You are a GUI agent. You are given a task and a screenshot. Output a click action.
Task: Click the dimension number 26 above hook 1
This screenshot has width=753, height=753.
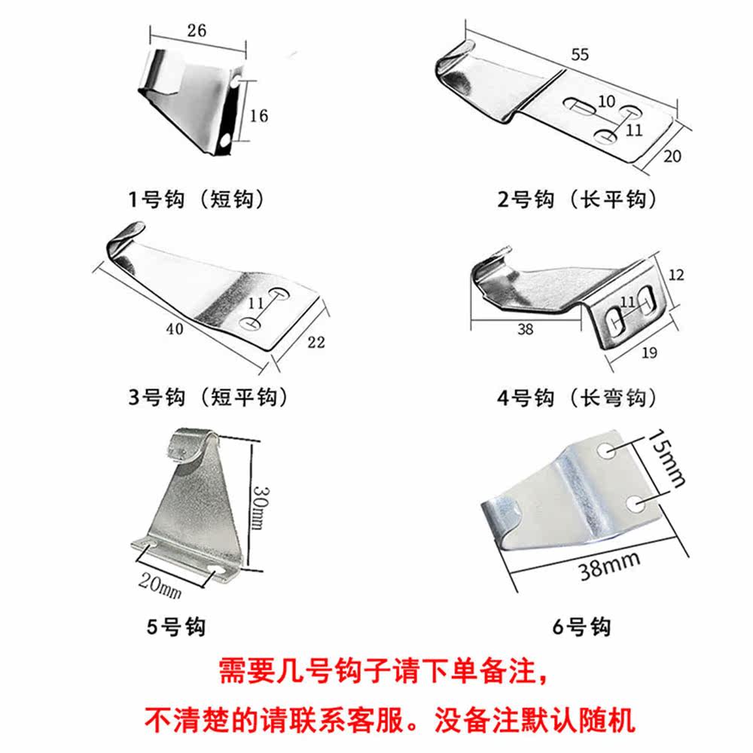(195, 31)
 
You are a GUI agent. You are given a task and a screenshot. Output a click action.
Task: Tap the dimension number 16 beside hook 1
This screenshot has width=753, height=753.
(258, 116)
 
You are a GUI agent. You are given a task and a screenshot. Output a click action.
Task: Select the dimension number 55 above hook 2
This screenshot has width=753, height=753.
(581, 55)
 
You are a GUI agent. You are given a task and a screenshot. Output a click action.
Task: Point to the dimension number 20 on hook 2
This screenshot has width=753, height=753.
(672, 156)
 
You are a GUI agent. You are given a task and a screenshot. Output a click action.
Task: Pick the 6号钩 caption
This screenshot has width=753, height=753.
(581, 625)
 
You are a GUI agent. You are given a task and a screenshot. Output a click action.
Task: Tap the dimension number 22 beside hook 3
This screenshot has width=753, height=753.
(316, 343)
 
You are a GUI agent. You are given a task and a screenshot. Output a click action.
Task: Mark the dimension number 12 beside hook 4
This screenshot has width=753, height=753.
(675, 276)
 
